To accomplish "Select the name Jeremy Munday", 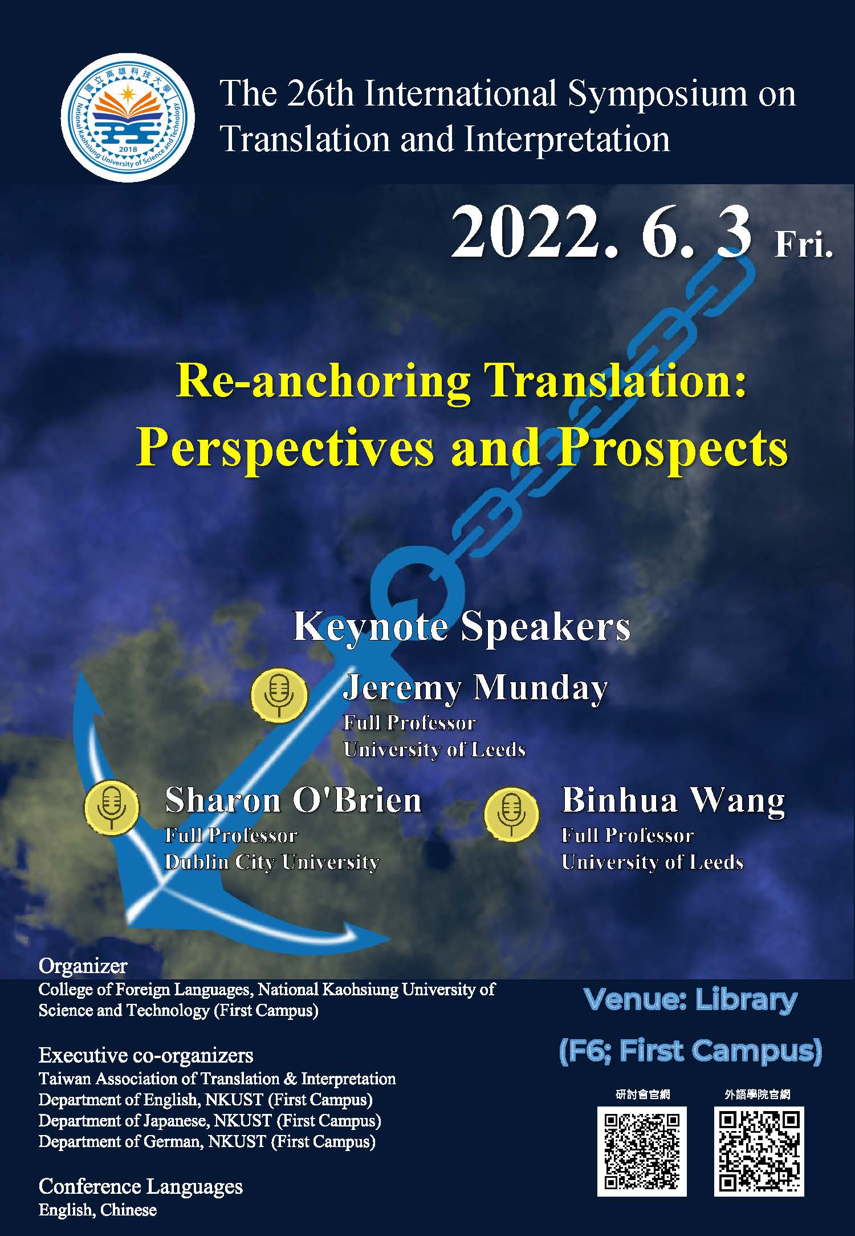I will (475, 688).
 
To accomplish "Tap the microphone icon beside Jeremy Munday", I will (279, 695).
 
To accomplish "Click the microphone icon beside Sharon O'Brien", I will (112, 808).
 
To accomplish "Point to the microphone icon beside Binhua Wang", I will (511, 814).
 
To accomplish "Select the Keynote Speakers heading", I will (461, 626).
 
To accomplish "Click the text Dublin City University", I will (271, 862).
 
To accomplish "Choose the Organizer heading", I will (83, 966).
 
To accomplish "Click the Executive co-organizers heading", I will (145, 1055).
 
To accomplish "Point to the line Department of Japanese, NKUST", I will (209, 1120).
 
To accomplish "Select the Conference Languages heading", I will (140, 1186).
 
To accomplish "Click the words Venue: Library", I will (690, 1000).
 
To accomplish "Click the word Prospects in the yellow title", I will (673, 448).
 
